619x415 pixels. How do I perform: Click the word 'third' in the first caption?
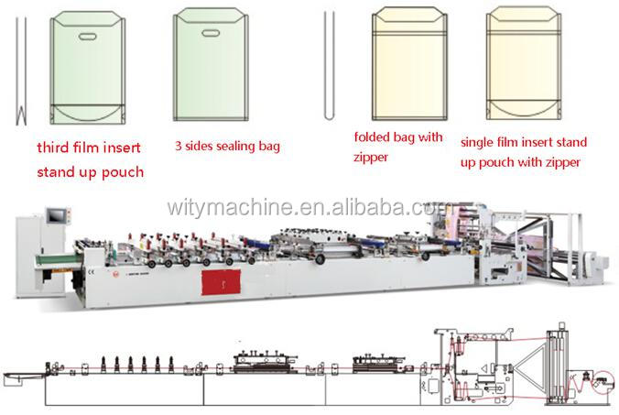point(53,147)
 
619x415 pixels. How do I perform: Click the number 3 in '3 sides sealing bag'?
point(179,146)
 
